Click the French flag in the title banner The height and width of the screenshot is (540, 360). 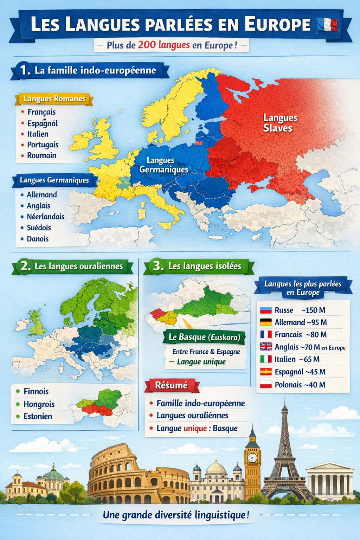point(327,25)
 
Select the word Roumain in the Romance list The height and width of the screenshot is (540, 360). point(42,155)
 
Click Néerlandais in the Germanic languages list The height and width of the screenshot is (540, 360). point(45,217)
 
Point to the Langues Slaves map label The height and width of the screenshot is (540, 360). point(280,123)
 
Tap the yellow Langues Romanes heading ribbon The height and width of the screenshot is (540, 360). point(54,99)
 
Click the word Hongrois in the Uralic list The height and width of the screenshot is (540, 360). point(39,404)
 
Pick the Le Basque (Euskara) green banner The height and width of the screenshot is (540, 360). point(204,337)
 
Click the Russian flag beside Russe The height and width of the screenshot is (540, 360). point(266,310)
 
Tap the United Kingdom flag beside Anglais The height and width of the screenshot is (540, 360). point(266,347)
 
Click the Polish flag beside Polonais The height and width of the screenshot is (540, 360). point(266,385)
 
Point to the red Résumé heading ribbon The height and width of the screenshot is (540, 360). point(172,385)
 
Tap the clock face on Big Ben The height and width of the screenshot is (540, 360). point(252,457)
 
